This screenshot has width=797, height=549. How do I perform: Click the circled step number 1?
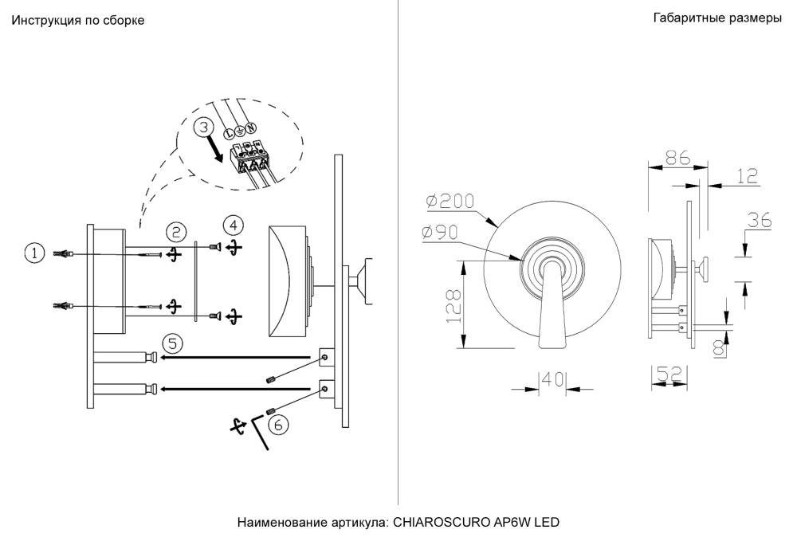pos(34,253)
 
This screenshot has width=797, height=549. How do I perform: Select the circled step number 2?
pos(176,232)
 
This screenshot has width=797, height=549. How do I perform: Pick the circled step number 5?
pos(172,343)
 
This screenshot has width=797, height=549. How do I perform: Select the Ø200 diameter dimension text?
pos(450,202)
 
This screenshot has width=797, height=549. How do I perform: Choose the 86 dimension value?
pos(677,157)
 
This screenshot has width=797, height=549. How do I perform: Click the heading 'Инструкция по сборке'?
pos(77,21)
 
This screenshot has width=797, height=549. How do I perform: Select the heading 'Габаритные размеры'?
pos(717,18)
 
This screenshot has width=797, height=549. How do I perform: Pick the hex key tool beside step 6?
pos(261,433)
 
